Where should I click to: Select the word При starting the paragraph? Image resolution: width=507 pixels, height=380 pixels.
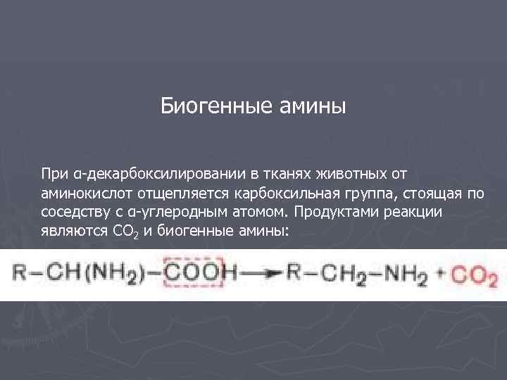point(53,173)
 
